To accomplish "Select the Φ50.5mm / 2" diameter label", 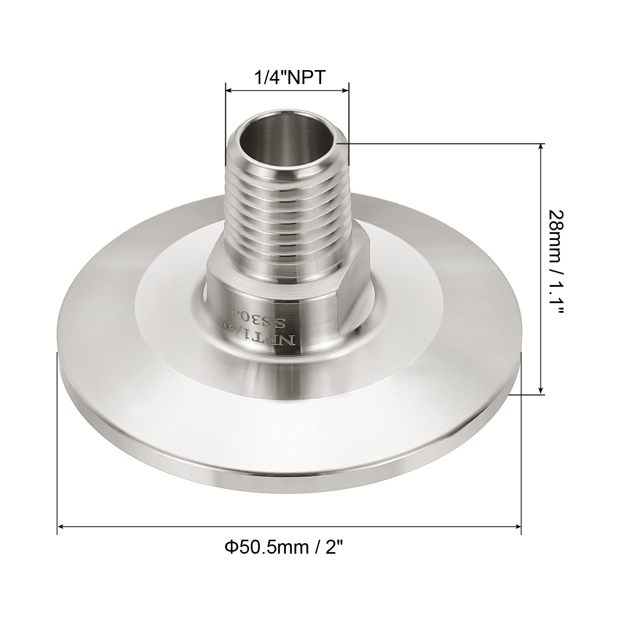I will [285, 549].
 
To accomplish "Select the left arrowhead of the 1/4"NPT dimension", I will [229, 91].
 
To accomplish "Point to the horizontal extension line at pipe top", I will [440, 144].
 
